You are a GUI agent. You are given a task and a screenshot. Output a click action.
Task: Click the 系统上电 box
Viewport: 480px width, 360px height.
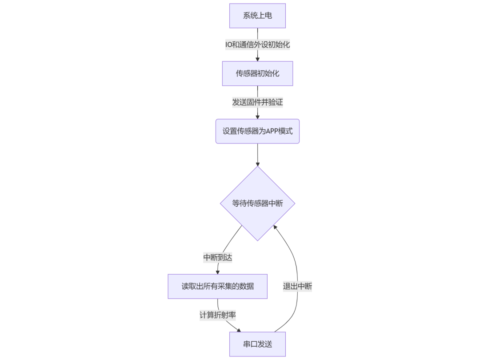[x=257, y=16]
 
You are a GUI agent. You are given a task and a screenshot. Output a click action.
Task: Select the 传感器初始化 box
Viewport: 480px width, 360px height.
[x=257, y=73]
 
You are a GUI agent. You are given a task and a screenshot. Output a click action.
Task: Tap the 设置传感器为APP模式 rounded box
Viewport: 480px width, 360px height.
[x=257, y=131]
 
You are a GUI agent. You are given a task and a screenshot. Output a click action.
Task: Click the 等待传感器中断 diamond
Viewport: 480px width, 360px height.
[x=257, y=204]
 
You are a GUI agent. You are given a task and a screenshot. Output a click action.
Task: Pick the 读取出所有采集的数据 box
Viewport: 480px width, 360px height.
[x=217, y=286]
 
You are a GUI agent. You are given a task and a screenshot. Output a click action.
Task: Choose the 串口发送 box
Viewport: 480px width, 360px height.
[x=257, y=344]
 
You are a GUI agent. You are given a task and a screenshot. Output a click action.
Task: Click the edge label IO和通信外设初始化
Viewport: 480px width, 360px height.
[x=257, y=44]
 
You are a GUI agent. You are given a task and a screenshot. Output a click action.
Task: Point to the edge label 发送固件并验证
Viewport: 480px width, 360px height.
[x=257, y=102]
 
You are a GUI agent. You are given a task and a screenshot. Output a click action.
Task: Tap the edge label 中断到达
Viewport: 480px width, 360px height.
[x=218, y=257]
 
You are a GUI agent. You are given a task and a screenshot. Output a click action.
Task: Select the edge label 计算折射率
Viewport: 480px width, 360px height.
[x=217, y=315]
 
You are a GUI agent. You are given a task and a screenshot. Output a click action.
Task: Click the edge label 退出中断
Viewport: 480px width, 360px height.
[x=297, y=286]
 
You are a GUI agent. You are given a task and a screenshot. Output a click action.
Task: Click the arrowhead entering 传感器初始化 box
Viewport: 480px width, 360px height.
[x=257, y=59]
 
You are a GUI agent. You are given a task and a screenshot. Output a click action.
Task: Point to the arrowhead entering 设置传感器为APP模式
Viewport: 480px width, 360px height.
[x=257, y=116]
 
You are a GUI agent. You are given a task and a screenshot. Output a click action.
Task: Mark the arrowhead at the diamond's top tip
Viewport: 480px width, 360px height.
[x=257, y=164]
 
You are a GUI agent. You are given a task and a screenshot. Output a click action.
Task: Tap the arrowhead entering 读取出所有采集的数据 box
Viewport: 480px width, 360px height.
[x=217, y=272]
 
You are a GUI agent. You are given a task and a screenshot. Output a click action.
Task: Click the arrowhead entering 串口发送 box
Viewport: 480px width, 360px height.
[x=239, y=330]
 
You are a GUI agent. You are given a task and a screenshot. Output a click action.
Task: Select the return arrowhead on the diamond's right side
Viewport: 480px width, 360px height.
[x=276, y=228]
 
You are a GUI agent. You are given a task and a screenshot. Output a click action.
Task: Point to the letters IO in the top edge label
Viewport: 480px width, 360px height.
[x=229, y=44]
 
